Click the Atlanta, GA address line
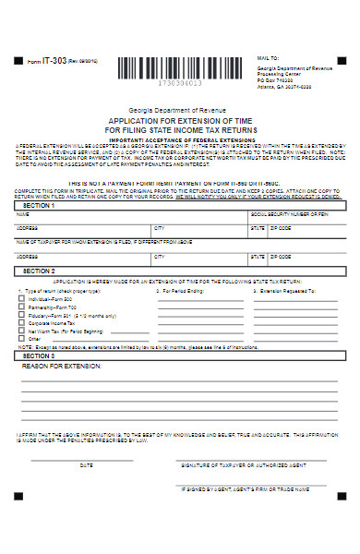(x=282, y=88)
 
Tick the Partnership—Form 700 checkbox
(x=23, y=307)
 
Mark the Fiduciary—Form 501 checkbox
(x=23, y=316)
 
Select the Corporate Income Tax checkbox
(x=23, y=323)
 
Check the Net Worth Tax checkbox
(x=23, y=331)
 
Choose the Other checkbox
(x=23, y=339)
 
